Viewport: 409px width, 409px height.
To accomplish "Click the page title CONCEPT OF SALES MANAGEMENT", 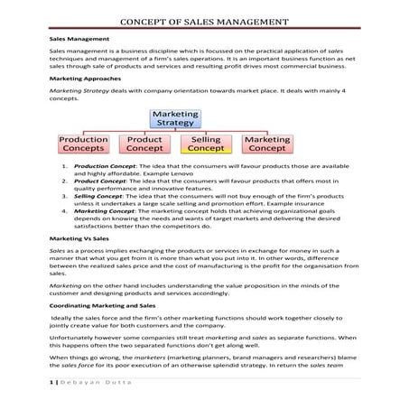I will [x=204, y=22].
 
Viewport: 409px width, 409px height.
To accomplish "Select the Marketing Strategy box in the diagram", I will [x=176, y=119].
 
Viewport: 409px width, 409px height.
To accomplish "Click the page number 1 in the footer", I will [x=51, y=386].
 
